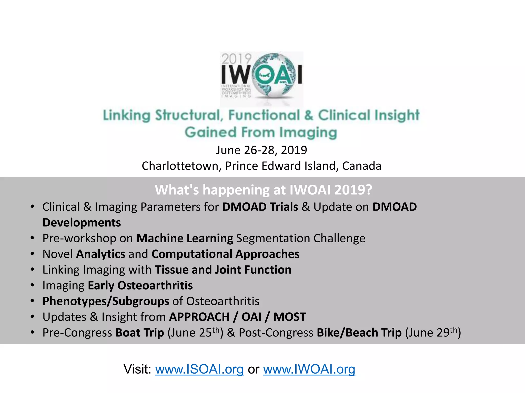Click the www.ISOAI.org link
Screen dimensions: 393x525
tap(199, 369)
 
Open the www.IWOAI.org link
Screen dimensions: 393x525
tap(309, 369)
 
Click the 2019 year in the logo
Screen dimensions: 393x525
tap(236, 59)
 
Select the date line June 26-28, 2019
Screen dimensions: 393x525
tap(261, 150)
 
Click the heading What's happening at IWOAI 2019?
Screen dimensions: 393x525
tap(263, 190)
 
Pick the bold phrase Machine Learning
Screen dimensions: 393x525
tap(185, 238)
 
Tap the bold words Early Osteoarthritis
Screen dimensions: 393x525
tap(140, 286)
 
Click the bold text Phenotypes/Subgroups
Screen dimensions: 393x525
tap(106, 301)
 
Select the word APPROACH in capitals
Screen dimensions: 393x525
tap(199, 317)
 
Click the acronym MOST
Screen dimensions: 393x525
tap(290, 317)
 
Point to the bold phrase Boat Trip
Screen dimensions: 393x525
tap(140, 333)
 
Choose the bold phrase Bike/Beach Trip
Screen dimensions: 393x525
tap(359, 333)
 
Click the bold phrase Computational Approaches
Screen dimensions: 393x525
tap(225, 254)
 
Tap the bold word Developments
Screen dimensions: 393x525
tap(82, 223)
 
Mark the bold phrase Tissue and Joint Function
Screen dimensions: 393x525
tap(223, 270)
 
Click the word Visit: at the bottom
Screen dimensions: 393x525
tap(138, 369)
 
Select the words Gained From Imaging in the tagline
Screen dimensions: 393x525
tap(261, 133)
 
